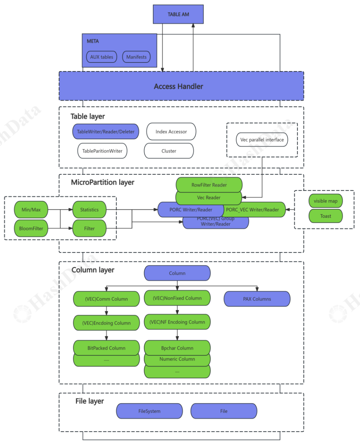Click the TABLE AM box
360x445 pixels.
[x=178, y=14]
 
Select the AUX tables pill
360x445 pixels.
[x=101, y=57]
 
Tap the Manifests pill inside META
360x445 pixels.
[x=136, y=57]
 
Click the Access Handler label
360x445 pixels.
[x=178, y=86]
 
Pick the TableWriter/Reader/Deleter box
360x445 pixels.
[x=106, y=131]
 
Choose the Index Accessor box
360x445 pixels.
[x=171, y=131]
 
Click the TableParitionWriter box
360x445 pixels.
[x=102, y=151]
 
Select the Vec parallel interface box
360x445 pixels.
[x=262, y=139]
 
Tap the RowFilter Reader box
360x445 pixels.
[x=209, y=185]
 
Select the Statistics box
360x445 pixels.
[x=89, y=209]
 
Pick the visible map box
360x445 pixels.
[x=325, y=201]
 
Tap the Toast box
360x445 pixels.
[x=325, y=216]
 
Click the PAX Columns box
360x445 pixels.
[x=257, y=299]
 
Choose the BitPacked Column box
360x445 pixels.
[x=106, y=347]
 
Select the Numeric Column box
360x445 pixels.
[x=177, y=359]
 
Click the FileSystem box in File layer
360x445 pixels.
[x=149, y=411]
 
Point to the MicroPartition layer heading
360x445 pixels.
[x=103, y=182]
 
